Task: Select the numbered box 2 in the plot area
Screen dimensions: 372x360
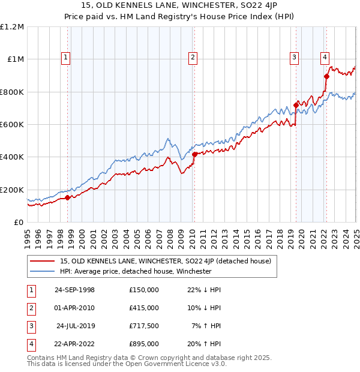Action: pyautogui.click(x=193, y=58)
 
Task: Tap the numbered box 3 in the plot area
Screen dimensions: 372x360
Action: pyautogui.click(x=295, y=58)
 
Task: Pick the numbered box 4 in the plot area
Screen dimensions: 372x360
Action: pyautogui.click(x=325, y=58)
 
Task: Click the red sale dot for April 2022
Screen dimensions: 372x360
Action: pyautogui.click(x=326, y=76)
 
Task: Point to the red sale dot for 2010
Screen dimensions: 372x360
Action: pyautogui.click(x=194, y=154)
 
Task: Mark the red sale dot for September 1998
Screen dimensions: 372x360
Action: pyautogui.click(x=68, y=197)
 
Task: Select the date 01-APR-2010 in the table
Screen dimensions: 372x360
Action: pyautogui.click(x=74, y=308)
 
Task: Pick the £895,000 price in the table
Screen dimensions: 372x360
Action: pyautogui.click(x=144, y=344)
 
